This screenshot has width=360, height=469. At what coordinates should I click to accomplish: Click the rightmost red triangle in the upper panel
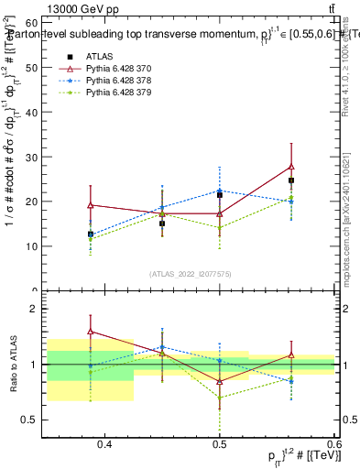click(x=291, y=166)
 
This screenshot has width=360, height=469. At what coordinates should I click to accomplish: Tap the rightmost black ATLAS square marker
click(x=291, y=180)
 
